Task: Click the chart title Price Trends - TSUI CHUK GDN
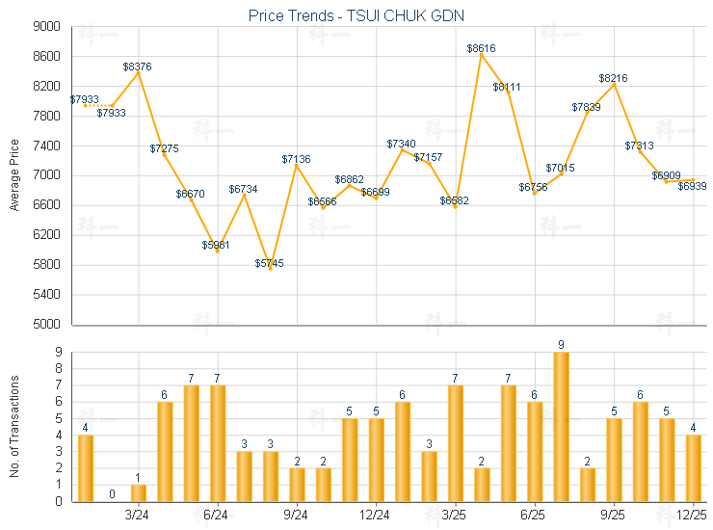(356, 15)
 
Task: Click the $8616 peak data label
(482, 47)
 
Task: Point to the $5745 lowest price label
(270, 263)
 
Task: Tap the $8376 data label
(137, 66)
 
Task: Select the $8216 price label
(614, 78)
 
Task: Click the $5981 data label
(217, 245)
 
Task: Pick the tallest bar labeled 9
(561, 426)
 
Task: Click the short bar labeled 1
(138, 492)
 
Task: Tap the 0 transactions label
(112, 494)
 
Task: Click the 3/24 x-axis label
(137, 516)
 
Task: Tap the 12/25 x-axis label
(693, 516)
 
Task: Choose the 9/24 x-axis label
(296, 516)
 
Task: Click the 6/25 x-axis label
(534, 516)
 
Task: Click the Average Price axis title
(14, 175)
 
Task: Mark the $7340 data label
(402, 144)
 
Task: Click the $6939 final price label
(692, 186)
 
